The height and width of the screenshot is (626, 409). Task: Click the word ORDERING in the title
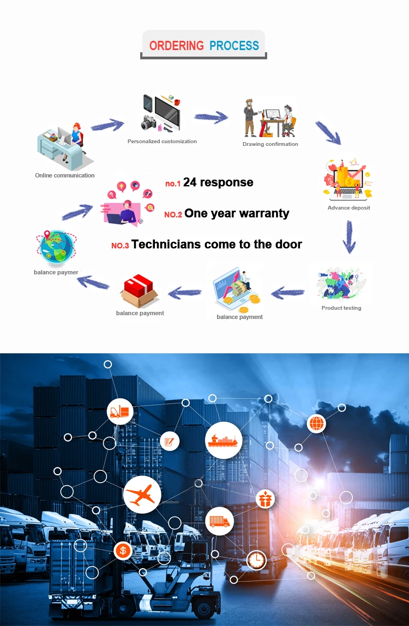(x=176, y=46)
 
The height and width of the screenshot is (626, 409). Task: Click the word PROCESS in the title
(x=234, y=46)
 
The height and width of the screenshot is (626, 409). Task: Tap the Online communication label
(x=65, y=175)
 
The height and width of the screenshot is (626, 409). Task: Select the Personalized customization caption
(x=162, y=142)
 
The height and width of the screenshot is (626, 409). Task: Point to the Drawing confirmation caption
(x=270, y=144)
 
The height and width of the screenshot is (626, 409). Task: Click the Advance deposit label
(x=349, y=207)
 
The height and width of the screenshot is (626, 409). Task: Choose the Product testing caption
(x=341, y=308)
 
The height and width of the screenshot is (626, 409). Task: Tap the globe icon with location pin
(x=56, y=248)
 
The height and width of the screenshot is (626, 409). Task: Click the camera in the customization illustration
(x=148, y=122)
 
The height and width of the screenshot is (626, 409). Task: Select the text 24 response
(x=218, y=182)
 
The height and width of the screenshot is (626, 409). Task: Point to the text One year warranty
(x=237, y=213)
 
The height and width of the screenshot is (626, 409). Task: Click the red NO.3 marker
(x=120, y=246)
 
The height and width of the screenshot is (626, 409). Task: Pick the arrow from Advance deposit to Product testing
(x=349, y=237)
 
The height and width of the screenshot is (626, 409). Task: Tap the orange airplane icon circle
(x=142, y=495)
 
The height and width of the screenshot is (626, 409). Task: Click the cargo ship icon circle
(x=224, y=440)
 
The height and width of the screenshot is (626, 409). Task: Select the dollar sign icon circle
(x=123, y=551)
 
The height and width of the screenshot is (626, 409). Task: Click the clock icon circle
(x=256, y=560)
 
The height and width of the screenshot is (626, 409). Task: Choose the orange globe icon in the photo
(x=316, y=424)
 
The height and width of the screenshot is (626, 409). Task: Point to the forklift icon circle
(x=120, y=412)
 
